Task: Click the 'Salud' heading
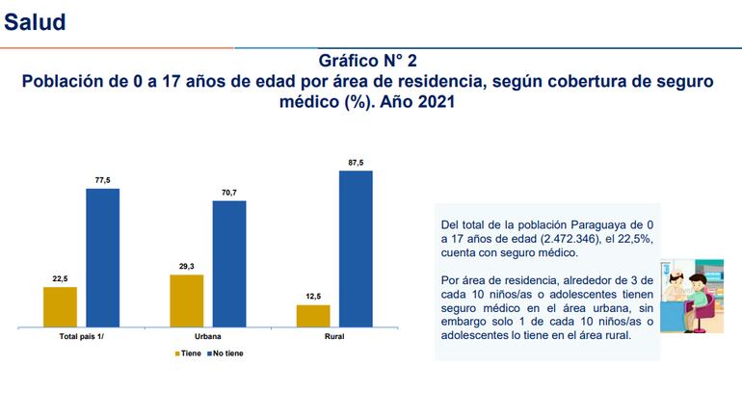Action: [36, 22]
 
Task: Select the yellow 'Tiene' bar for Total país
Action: [60, 307]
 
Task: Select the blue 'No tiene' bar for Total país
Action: [102, 258]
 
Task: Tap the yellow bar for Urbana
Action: [186, 301]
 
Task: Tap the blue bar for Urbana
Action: [228, 264]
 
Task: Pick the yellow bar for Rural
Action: [313, 317]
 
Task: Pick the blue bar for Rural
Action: [356, 249]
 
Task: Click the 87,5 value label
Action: [356, 163]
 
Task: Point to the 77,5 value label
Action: [102, 180]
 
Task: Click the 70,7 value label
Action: [228, 193]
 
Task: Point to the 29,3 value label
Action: [186, 267]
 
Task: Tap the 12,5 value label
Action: [313, 297]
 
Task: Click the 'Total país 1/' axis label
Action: [81, 338]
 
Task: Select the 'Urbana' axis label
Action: [207, 338]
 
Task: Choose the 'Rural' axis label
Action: [334, 338]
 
